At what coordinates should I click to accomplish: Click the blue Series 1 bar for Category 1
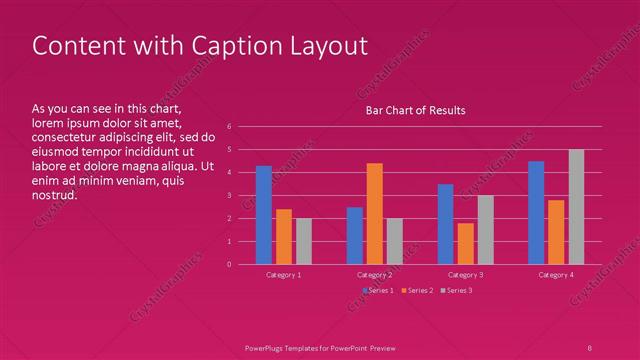point(264,215)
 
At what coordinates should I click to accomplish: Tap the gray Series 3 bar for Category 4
point(576,207)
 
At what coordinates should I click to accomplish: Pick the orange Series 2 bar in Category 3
point(465,243)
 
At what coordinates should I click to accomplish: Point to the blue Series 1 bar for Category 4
point(536,212)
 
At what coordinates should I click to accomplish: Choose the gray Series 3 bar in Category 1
point(304,241)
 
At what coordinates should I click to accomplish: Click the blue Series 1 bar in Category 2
point(355,235)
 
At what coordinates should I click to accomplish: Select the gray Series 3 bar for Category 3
point(485,229)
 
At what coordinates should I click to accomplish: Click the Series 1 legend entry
point(378,290)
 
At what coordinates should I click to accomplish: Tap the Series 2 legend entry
point(417,290)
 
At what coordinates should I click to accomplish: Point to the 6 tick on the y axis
point(230,127)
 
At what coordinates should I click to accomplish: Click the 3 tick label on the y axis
point(230,195)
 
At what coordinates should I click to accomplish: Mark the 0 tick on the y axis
point(230,264)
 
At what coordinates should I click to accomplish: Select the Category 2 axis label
point(374,274)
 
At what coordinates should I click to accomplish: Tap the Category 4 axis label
point(556,274)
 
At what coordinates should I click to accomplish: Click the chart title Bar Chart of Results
point(415,110)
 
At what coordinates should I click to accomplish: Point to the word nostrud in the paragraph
point(54,195)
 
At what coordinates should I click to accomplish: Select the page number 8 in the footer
point(590,347)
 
